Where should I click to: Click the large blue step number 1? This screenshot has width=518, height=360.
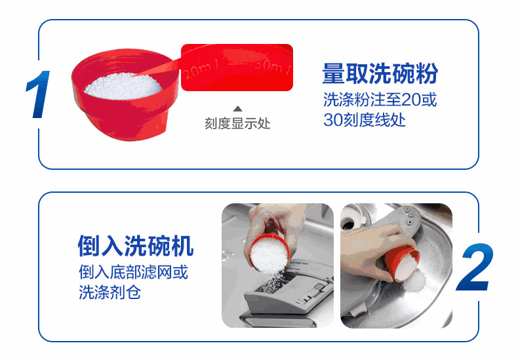tap(39, 94)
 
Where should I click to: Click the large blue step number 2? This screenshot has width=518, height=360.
tap(475, 266)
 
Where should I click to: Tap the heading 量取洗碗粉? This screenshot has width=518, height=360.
tap(380, 73)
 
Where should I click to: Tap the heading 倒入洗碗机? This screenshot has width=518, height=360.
tap(136, 246)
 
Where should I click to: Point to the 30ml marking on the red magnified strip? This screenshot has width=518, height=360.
tap(271, 66)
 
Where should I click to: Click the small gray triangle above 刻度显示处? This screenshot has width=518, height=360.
tap(237, 109)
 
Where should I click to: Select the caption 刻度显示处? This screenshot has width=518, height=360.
tap(237, 123)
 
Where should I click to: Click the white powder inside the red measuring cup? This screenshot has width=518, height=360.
tap(123, 86)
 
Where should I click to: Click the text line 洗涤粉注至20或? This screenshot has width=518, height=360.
tap(380, 100)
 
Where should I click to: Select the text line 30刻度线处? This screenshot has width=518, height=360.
tap(365, 119)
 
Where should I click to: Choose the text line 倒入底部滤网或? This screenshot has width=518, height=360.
tap(133, 272)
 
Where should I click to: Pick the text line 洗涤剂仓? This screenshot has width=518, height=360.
tap(110, 292)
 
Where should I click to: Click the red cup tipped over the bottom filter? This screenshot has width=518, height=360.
tap(403, 263)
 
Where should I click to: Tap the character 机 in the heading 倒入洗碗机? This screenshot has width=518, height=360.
tap(182, 246)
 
